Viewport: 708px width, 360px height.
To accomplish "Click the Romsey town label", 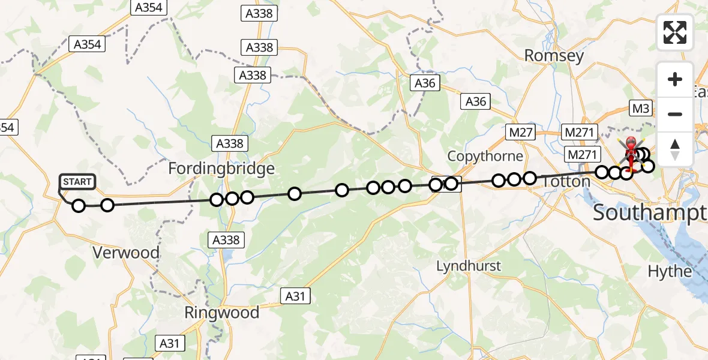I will tap(554, 56).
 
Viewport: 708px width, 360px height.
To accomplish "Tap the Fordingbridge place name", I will tap(221, 169).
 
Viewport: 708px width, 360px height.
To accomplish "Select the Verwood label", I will tap(127, 253).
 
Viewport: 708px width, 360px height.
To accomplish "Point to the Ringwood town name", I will tap(222, 313).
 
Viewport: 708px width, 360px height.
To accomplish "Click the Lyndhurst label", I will tap(469, 266).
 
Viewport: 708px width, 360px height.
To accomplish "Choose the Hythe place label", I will tap(670, 271).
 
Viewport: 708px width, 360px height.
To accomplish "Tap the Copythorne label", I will tap(485, 156).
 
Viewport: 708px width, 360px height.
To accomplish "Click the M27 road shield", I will tap(520, 133).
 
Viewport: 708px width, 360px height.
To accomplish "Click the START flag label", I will tap(77, 181).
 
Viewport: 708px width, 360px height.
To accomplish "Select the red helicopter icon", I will tap(632, 149).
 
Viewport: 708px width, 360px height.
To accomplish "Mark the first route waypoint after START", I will tap(79, 206).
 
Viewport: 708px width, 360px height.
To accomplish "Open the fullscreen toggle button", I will tap(675, 32).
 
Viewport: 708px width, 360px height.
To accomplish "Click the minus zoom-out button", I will tap(675, 114).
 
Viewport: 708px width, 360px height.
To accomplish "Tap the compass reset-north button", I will tap(675, 148).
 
